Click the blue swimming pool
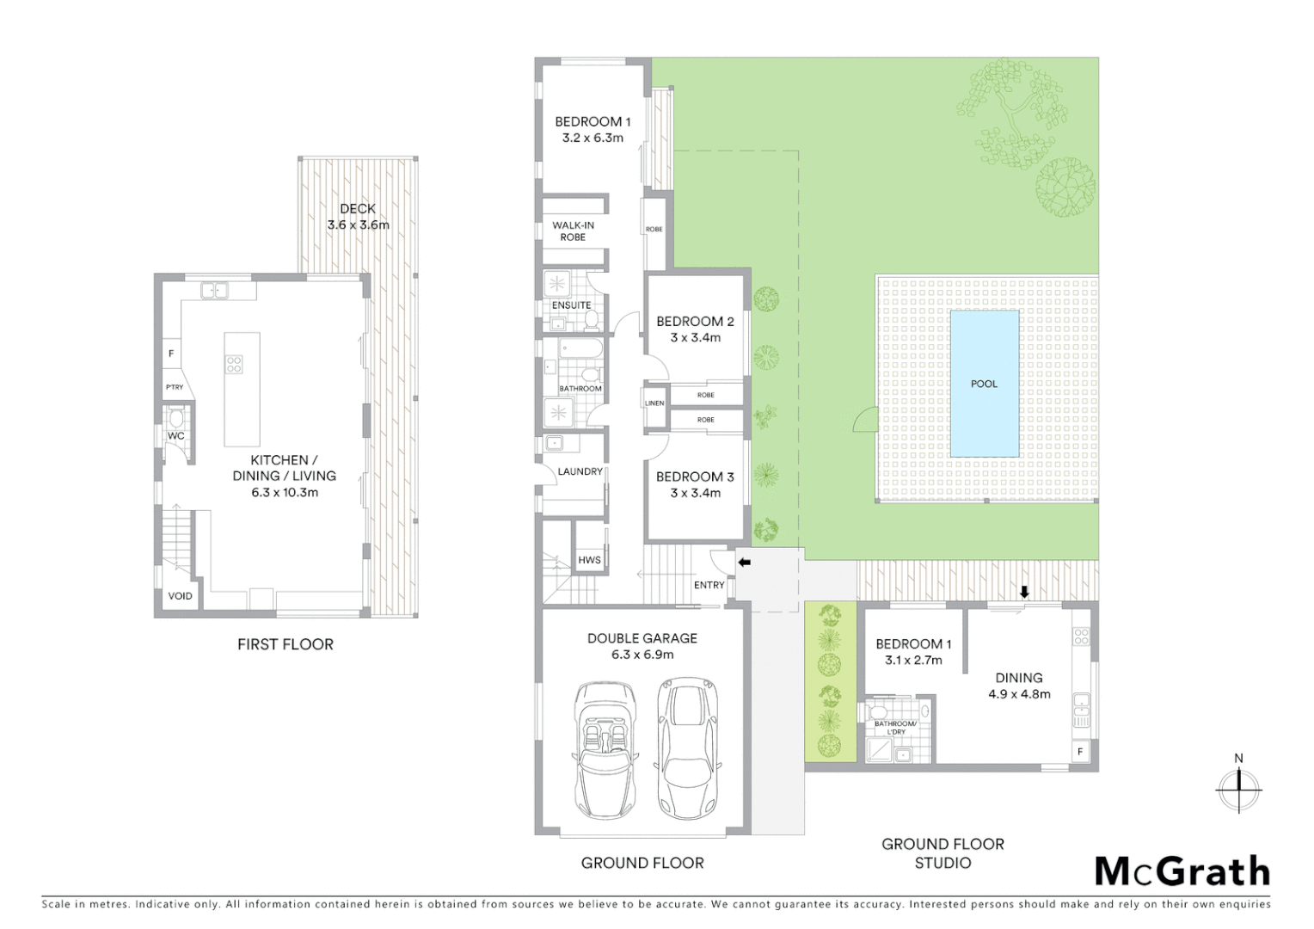[x=984, y=384]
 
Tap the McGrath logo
[x=1182, y=871]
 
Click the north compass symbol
[x=1238, y=787]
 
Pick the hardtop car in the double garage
[x=687, y=748]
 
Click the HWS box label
[x=589, y=560]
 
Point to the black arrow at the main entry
[x=745, y=563]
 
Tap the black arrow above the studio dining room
[x=1024, y=592]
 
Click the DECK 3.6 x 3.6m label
[x=358, y=217]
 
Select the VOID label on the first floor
[x=180, y=596]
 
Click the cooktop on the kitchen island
[x=234, y=365]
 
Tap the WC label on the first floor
[x=176, y=436]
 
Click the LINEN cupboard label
[x=654, y=403]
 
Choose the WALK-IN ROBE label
[x=573, y=231]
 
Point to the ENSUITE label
[x=571, y=305]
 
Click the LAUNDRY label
[x=580, y=471]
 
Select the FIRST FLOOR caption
[x=285, y=644]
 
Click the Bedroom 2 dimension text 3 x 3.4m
[x=695, y=338]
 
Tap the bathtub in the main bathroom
[x=581, y=348]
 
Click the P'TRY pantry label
[x=175, y=387]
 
